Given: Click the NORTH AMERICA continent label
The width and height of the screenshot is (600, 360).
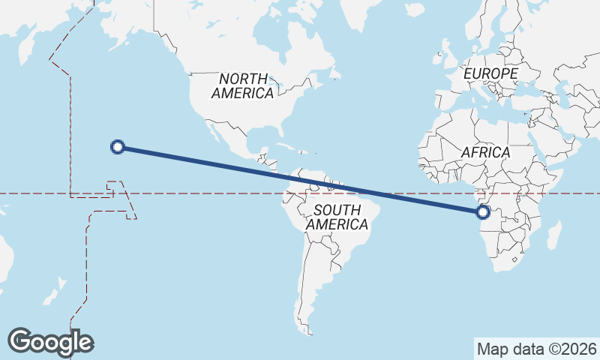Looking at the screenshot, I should [242, 85].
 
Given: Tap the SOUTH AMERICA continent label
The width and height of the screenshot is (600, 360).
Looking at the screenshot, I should [337, 217].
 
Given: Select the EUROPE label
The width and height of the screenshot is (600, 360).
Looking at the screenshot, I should [490, 73].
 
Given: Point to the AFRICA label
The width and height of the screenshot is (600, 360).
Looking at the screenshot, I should [485, 152].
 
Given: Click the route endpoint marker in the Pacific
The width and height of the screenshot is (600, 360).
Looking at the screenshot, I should [117, 147].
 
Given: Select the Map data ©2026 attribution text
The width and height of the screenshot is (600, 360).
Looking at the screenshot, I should [536, 349].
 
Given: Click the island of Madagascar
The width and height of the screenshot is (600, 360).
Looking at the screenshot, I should [554, 234].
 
